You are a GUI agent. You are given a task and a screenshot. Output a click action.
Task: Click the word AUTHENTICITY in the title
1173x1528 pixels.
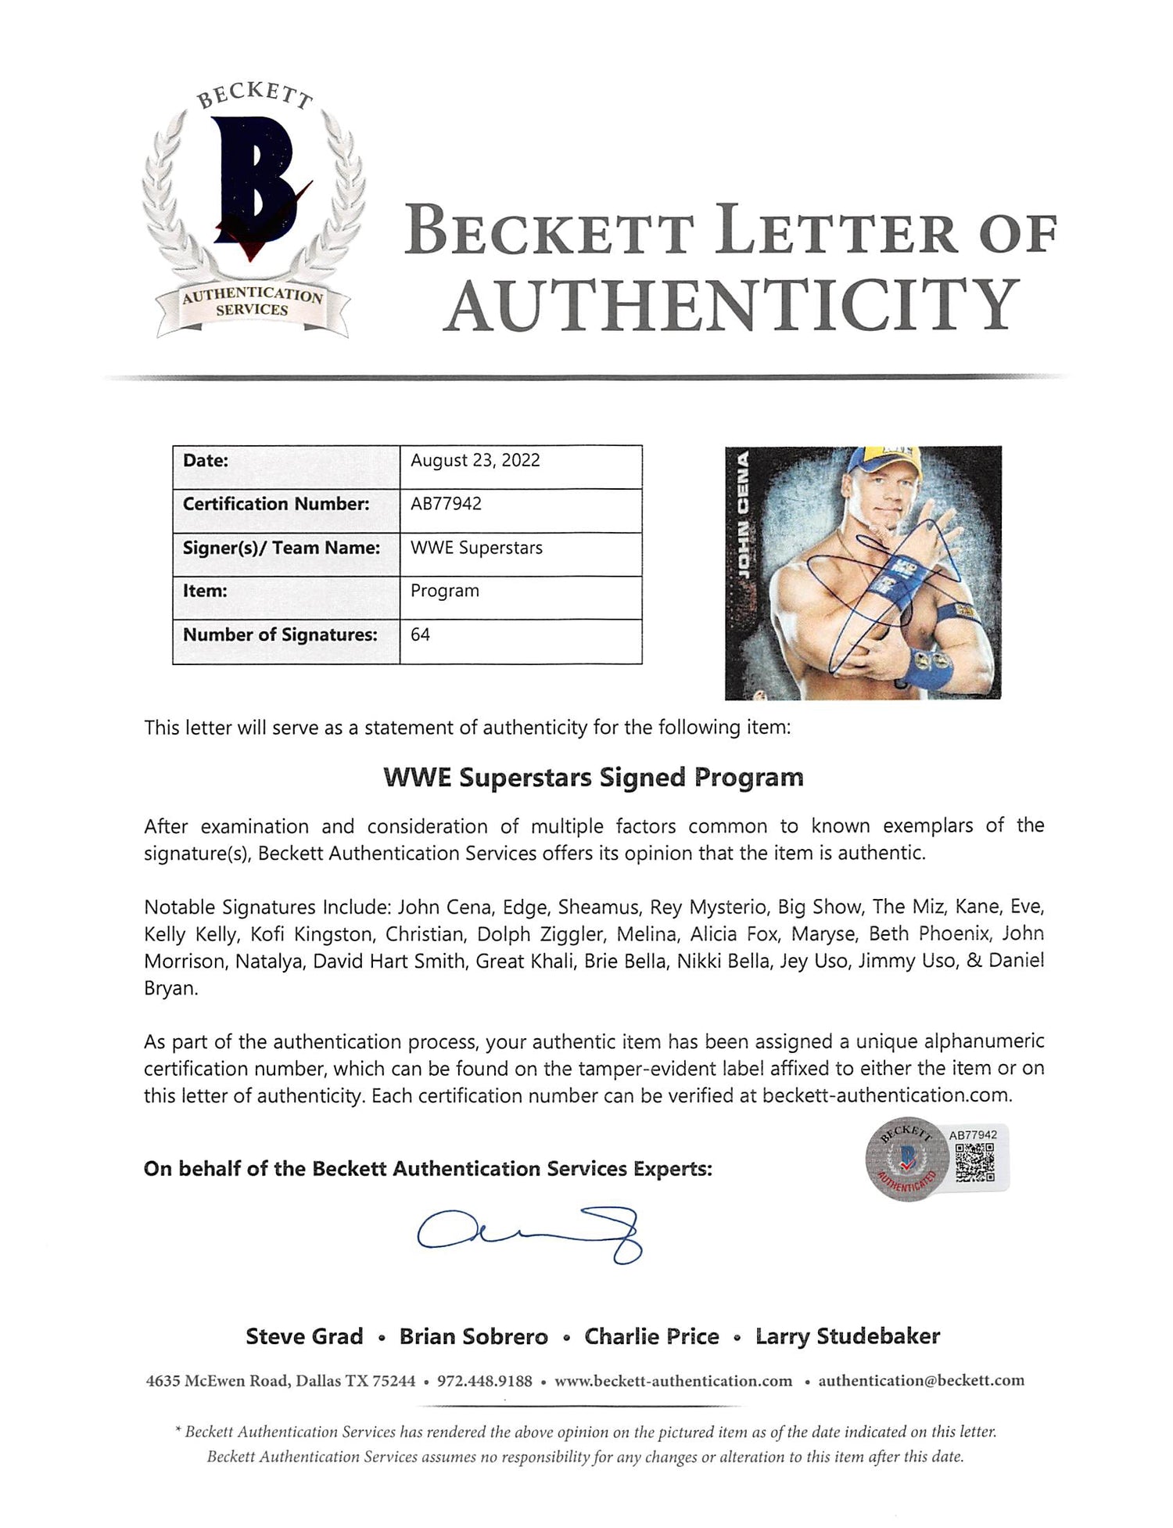(733, 305)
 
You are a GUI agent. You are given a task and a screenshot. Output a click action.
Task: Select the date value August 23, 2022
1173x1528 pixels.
(475, 460)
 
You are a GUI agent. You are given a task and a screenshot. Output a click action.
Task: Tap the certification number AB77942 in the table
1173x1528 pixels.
(446, 504)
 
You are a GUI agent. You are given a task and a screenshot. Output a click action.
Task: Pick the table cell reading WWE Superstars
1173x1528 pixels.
(476, 548)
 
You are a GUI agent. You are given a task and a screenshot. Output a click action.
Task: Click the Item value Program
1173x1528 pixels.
(444, 591)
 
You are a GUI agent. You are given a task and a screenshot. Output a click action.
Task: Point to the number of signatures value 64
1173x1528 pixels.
(420, 635)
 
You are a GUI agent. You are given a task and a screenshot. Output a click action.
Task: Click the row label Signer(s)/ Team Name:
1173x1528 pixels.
(282, 548)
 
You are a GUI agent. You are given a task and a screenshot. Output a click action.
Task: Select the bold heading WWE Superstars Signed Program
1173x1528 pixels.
(593, 778)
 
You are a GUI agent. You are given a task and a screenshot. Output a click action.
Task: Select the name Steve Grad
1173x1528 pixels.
(304, 1336)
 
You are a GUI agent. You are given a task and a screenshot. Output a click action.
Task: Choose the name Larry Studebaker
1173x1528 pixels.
(847, 1336)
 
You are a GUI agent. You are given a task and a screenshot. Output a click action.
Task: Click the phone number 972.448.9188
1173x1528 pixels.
(484, 1382)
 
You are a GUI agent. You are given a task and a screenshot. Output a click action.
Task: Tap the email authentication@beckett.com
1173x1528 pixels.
(920, 1382)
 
